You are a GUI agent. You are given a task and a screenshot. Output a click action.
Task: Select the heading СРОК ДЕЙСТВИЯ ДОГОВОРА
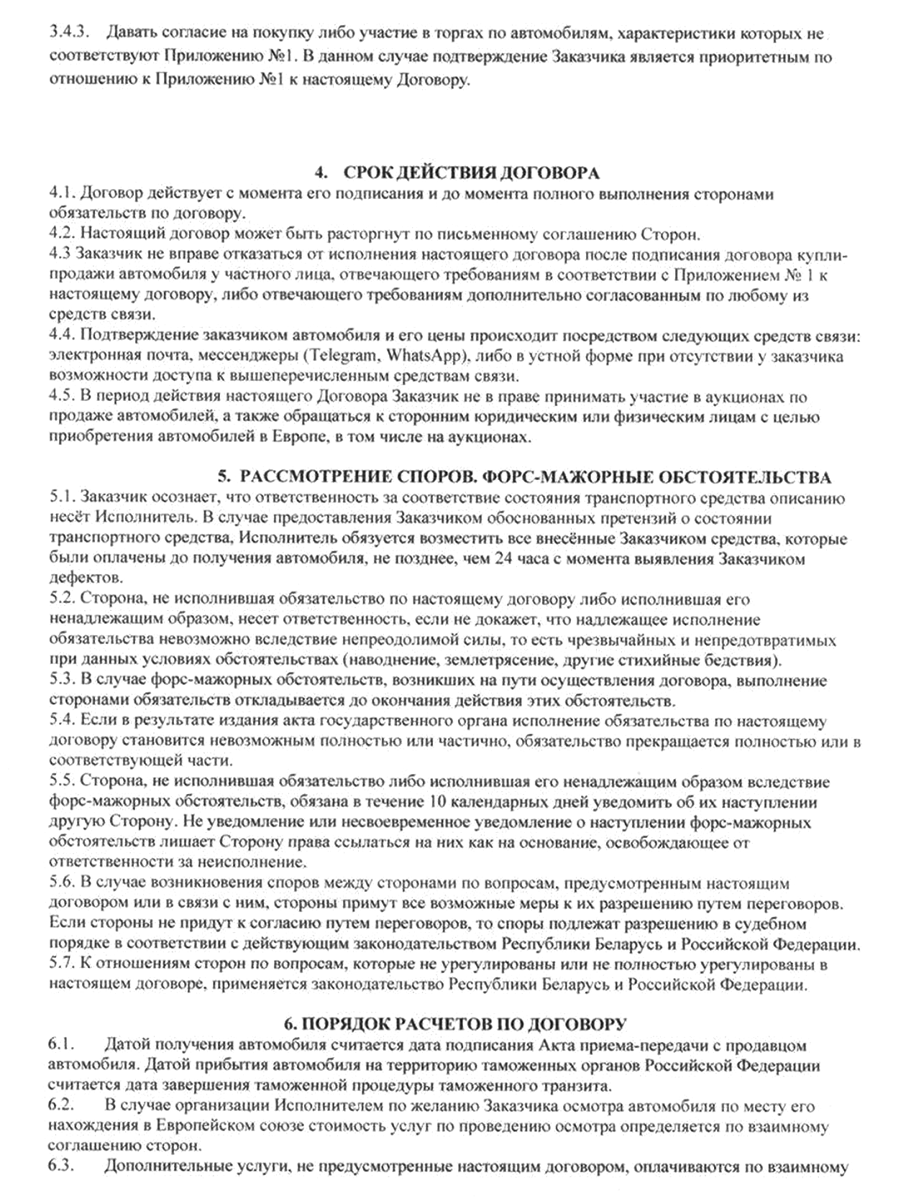tap(471, 173)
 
